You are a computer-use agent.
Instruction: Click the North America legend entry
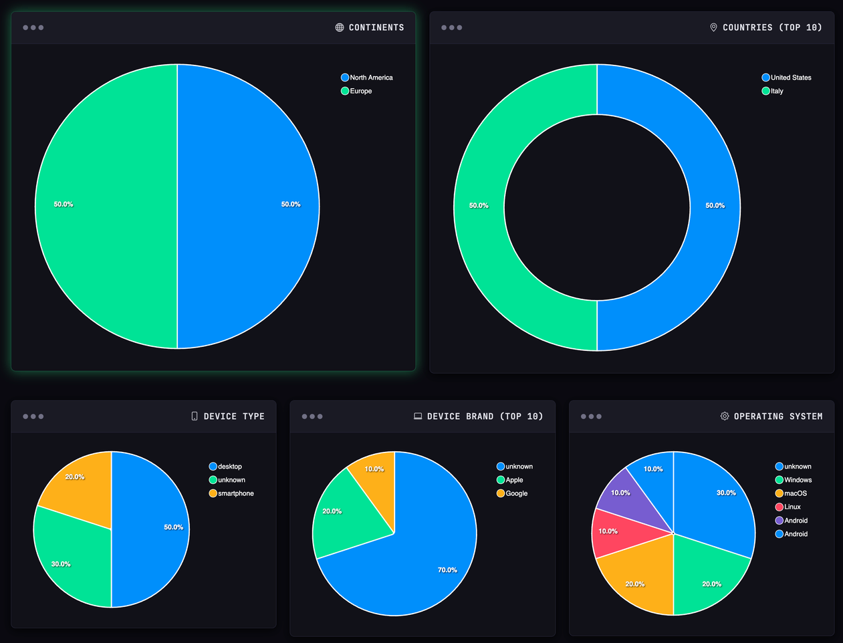click(x=367, y=78)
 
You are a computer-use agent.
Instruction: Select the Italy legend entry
click(x=773, y=91)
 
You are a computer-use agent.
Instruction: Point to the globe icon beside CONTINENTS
click(x=340, y=27)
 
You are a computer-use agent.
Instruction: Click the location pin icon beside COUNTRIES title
click(x=713, y=27)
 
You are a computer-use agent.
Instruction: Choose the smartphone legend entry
click(x=231, y=493)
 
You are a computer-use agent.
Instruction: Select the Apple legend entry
click(x=510, y=480)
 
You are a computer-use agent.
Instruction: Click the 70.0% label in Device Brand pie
click(x=447, y=570)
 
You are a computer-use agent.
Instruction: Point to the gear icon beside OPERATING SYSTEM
click(x=725, y=416)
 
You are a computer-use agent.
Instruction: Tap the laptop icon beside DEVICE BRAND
click(x=418, y=416)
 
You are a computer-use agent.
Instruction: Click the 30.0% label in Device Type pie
click(x=61, y=564)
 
